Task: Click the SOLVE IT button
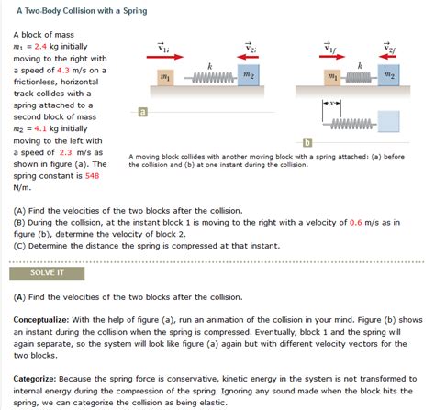pos(47,273)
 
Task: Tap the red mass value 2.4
pos(40,47)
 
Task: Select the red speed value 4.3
pos(63,70)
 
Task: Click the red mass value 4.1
pos(40,128)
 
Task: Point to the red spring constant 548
pos(92,176)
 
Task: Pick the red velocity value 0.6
pos(356,223)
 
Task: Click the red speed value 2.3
pos(65,152)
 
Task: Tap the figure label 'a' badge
pos(142,112)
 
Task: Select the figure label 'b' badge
pos(307,142)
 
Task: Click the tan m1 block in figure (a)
pos(165,78)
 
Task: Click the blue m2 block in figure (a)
pos(249,75)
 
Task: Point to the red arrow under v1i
pos(165,57)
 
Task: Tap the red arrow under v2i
pos(248,57)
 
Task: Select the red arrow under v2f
pos(387,57)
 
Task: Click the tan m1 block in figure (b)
pos(332,77)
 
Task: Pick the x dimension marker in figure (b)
pos(331,104)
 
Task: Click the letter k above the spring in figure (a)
pos(210,66)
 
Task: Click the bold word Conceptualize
pos(41,320)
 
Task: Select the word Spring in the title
pos(135,11)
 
